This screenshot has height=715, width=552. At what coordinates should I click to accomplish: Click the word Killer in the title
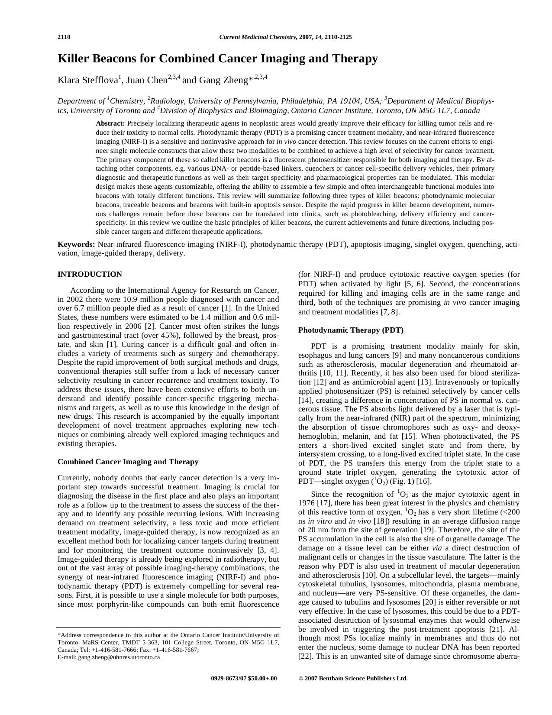[x=74, y=58]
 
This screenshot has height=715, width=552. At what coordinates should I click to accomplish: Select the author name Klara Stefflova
[x=88, y=80]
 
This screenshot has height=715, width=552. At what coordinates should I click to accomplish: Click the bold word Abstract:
[x=110, y=123]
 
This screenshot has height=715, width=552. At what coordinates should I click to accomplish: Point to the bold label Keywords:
[x=76, y=244]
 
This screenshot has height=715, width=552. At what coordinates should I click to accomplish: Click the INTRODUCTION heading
[x=90, y=274]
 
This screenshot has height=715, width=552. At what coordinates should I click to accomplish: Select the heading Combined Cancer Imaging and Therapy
[x=128, y=462]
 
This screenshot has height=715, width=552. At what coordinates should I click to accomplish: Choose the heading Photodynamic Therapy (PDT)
[x=351, y=330]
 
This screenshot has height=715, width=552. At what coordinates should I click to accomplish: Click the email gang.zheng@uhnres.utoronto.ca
[x=119, y=657]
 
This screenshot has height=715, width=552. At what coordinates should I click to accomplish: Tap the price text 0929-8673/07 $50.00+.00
[x=244, y=679]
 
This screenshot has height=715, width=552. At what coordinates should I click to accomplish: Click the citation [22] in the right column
[x=306, y=656]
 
